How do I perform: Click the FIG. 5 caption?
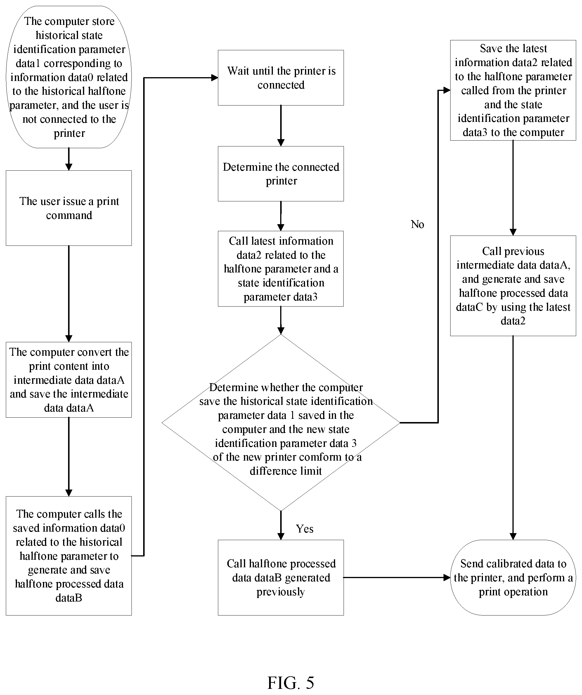[x=290, y=683]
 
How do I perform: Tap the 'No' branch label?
[x=417, y=224]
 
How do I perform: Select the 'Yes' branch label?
[x=304, y=529]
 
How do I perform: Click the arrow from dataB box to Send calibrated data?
[x=397, y=578]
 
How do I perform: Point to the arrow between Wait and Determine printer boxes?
[x=281, y=126]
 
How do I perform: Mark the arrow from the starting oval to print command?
[x=69, y=159]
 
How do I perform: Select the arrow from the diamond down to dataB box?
[x=281, y=525]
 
